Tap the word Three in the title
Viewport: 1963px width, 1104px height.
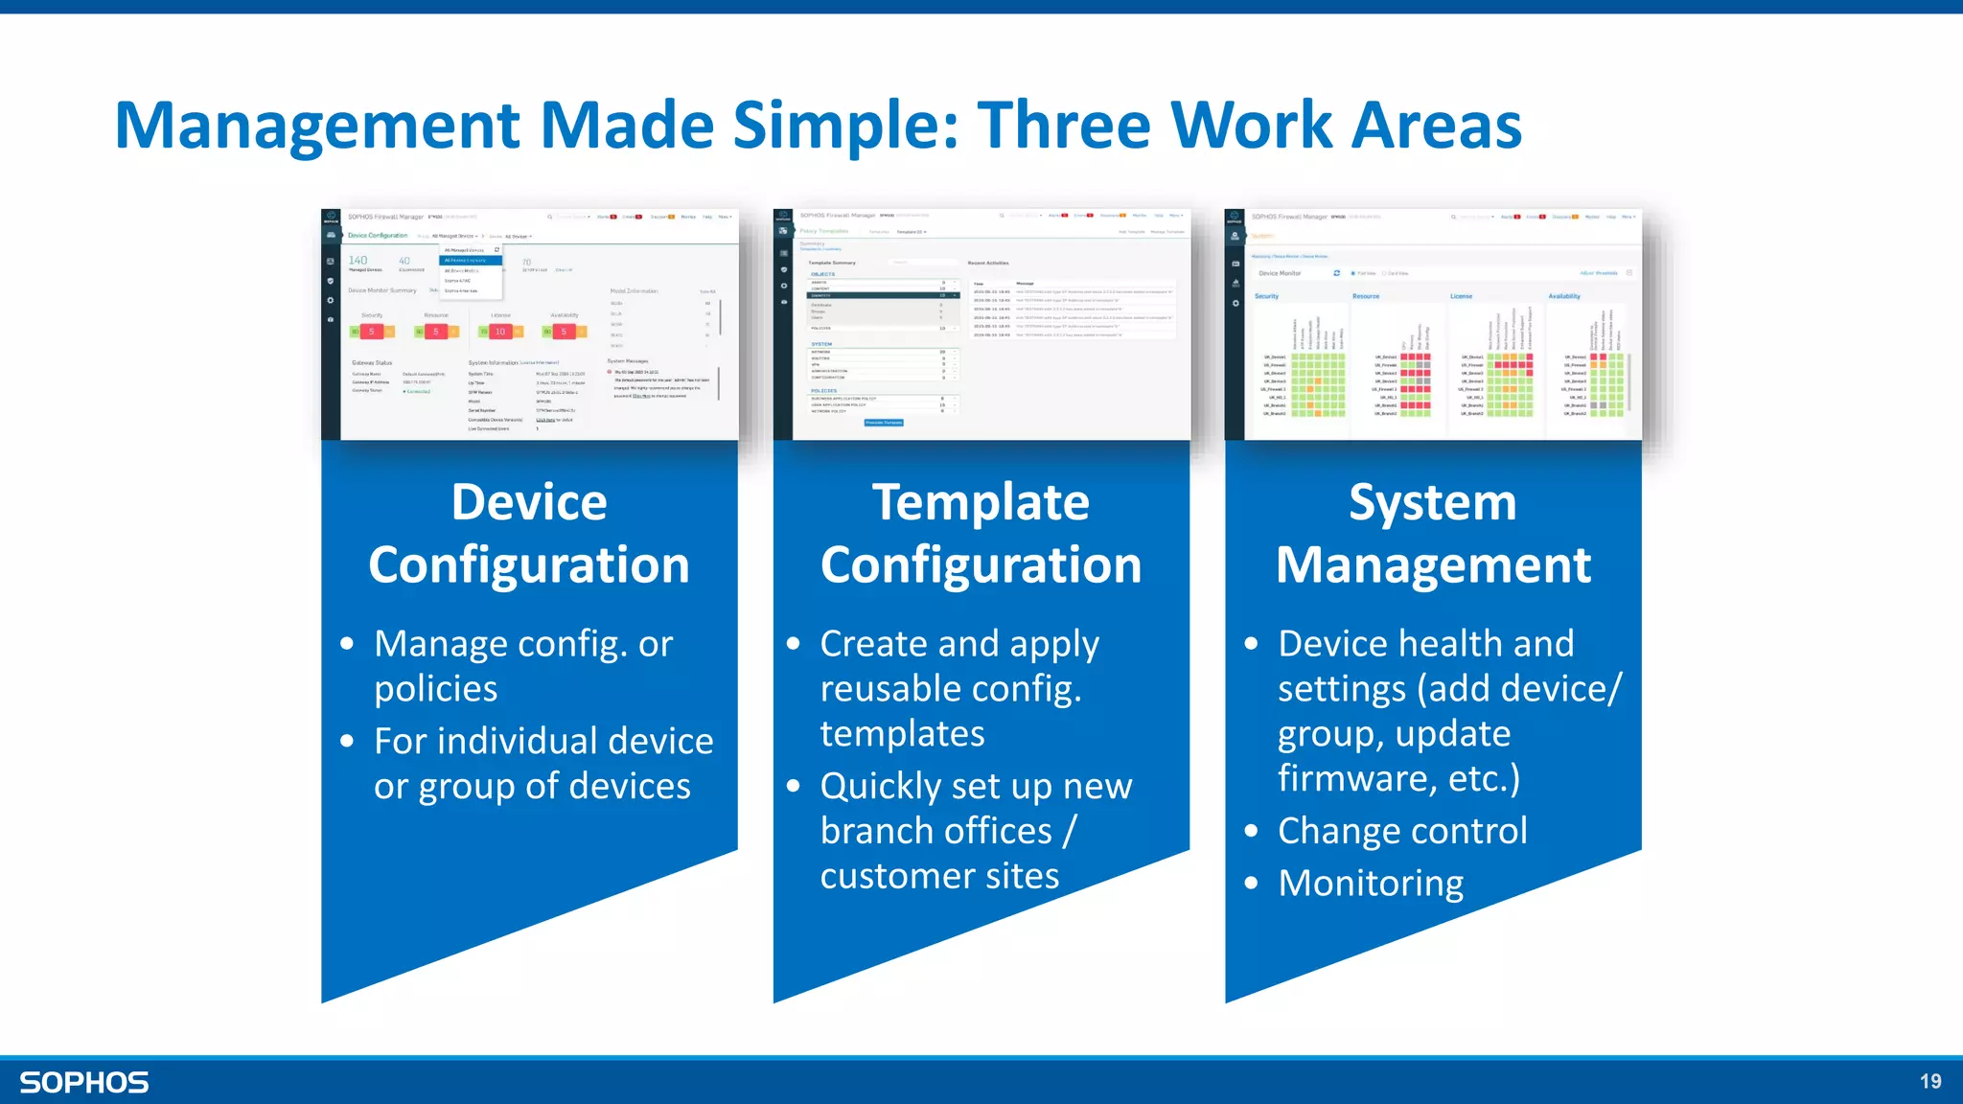pos(1064,126)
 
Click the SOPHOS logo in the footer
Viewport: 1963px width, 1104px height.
pos(84,1082)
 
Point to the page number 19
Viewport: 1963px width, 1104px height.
pos(1930,1081)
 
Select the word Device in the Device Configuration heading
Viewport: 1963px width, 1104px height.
pos(529,502)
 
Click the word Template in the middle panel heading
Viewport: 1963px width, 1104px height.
pos(981,502)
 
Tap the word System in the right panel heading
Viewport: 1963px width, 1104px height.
pos(1432,502)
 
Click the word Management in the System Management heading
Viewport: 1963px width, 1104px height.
pos(1433,565)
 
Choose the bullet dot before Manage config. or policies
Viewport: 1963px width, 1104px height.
pos(347,644)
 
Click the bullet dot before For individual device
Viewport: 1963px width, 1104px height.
pos(347,741)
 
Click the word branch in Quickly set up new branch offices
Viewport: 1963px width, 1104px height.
pos(874,831)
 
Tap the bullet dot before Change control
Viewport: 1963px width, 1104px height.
pos(1251,831)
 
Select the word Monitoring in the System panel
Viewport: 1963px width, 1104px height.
pos(1371,883)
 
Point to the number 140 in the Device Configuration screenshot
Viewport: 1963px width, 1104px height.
pos(358,261)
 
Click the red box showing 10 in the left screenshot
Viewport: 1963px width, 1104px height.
pos(499,332)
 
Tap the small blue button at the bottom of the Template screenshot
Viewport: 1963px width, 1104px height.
pos(884,423)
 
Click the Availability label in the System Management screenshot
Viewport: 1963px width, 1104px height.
pos(1564,296)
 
